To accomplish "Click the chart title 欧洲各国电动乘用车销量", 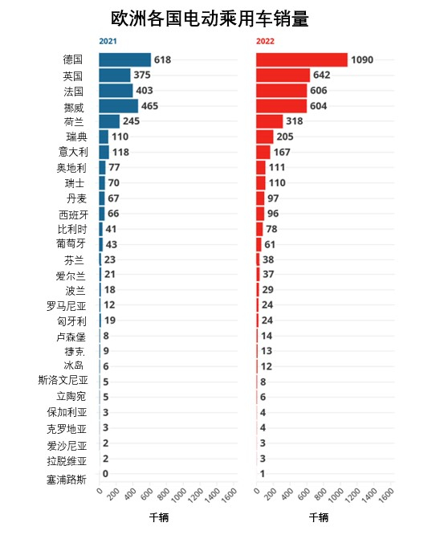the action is point(210,18).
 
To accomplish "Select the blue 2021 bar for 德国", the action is point(125,59).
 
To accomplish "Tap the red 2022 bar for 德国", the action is point(302,59).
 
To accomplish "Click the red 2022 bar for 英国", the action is point(283,75).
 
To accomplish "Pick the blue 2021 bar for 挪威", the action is point(119,106).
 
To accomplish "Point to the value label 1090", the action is point(362,59).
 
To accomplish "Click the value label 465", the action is point(150,106).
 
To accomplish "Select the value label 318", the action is point(295,121).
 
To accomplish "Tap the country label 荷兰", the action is point(74,122).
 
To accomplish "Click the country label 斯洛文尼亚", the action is point(63,380).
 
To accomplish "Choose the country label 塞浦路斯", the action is point(67,480).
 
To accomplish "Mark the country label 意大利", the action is point(73,152).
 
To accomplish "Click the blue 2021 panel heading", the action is point(108,41).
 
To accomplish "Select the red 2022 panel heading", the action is point(265,41).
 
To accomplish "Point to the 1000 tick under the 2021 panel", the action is point(179,495).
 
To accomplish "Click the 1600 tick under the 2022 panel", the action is point(386,495).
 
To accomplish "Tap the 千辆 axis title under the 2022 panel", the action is point(319,517).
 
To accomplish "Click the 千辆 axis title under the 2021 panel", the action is point(159,517).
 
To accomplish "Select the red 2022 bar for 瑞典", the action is point(265,137).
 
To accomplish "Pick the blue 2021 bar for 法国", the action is point(116,91).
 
